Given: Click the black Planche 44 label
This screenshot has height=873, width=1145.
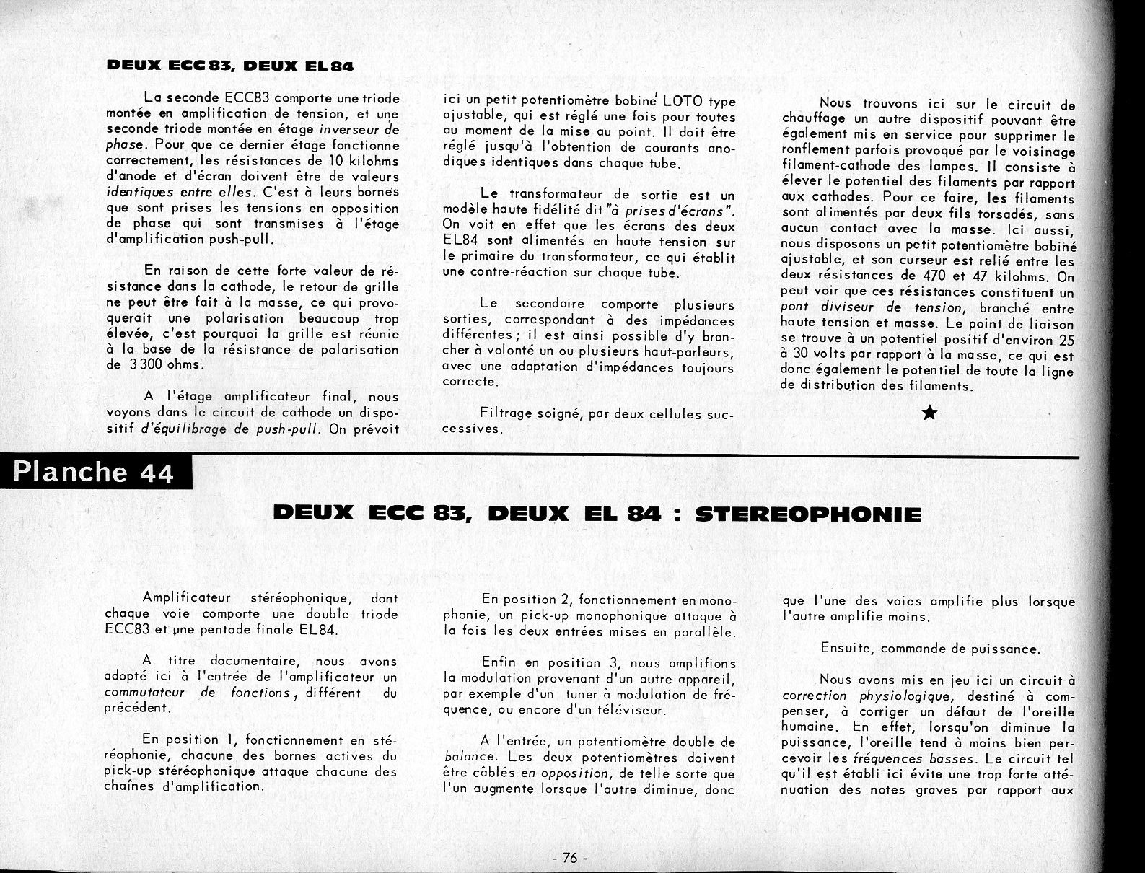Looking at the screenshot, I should coord(95,473).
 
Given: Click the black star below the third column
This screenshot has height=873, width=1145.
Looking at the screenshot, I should coord(930,413).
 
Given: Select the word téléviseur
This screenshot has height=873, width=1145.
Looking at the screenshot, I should coord(629,710).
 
